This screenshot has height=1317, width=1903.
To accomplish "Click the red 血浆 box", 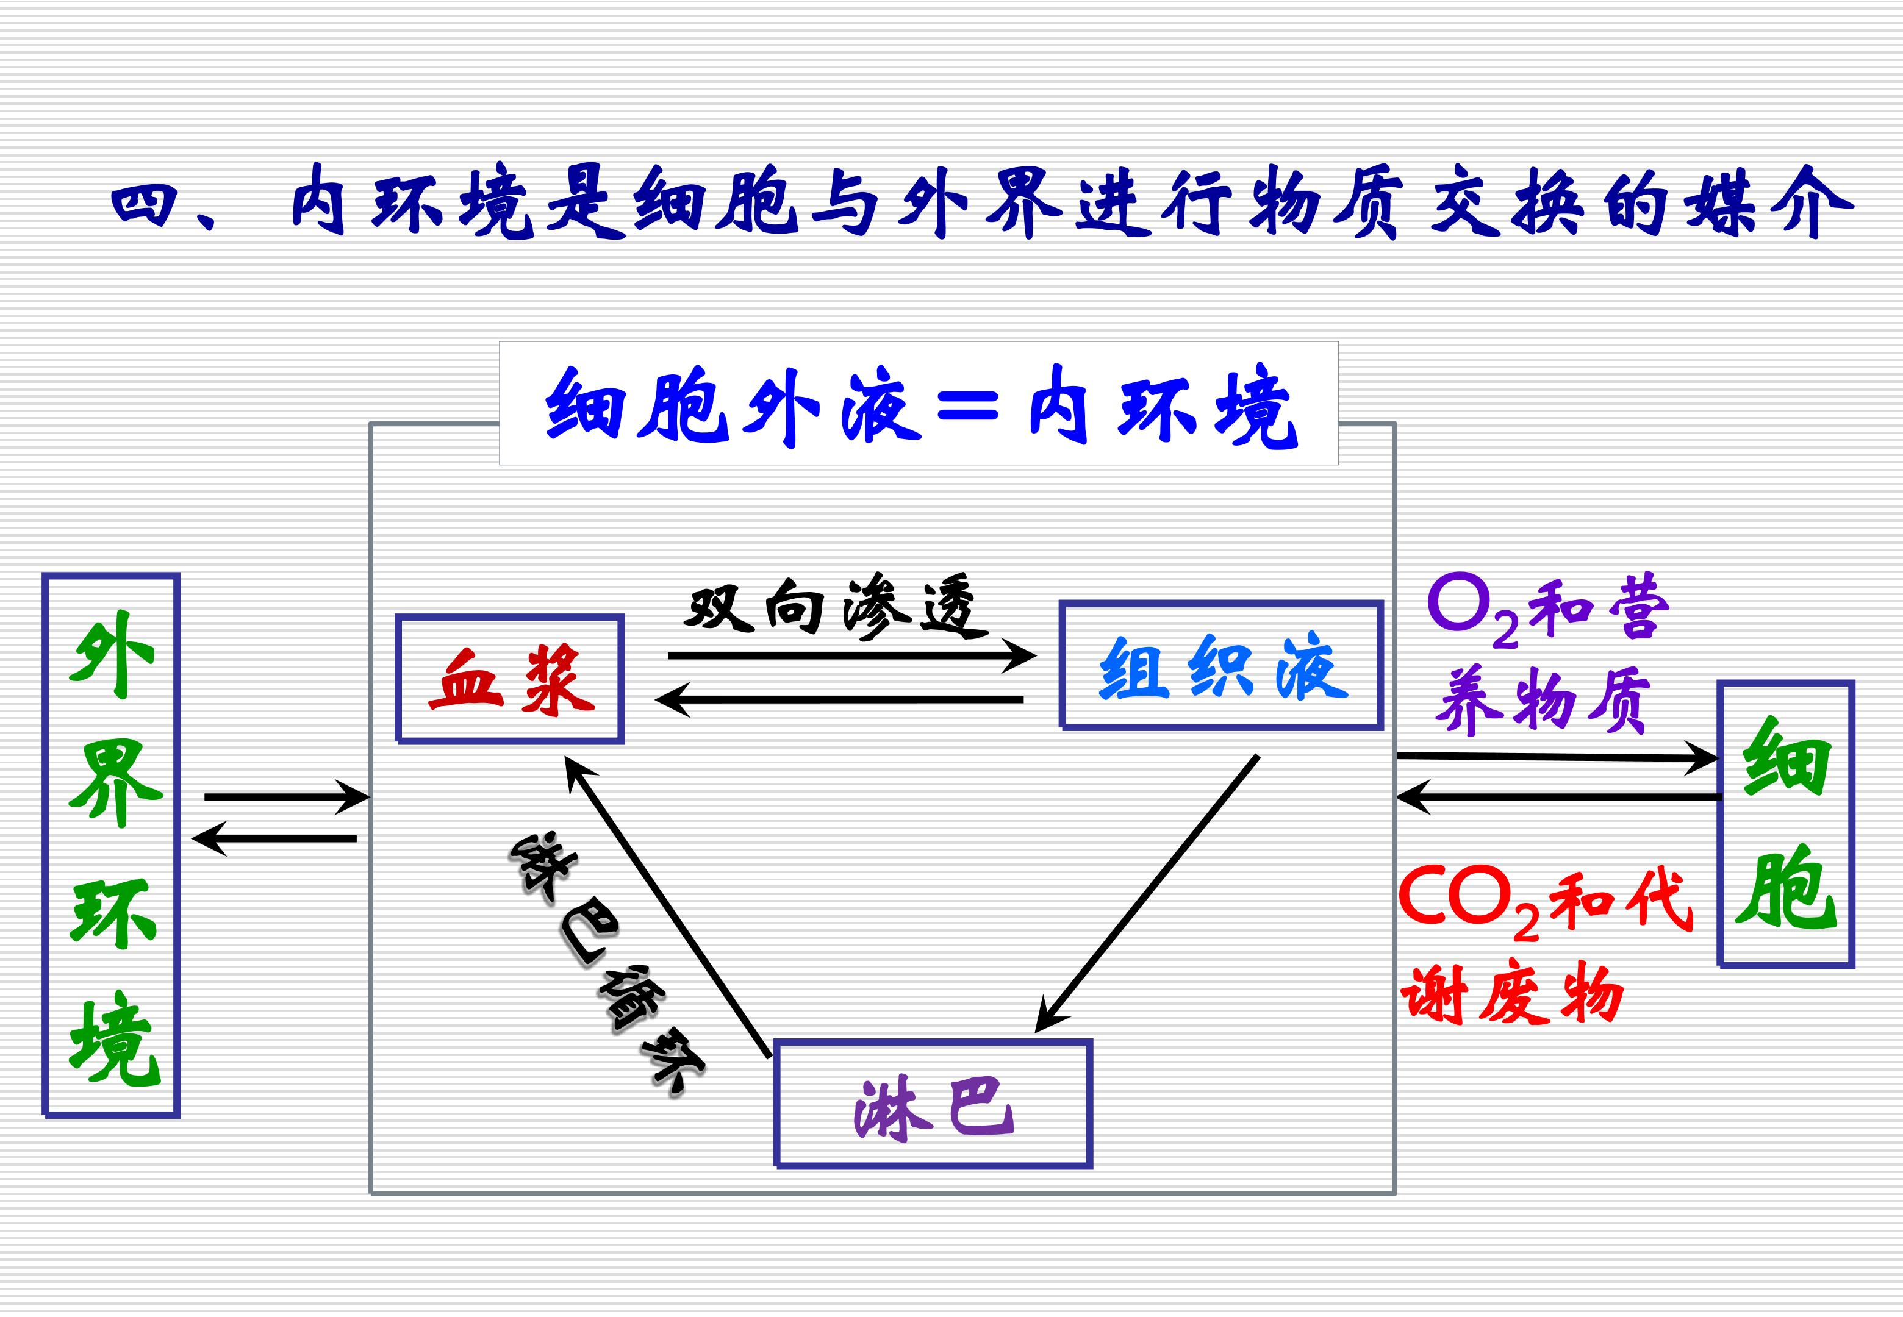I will point(510,678).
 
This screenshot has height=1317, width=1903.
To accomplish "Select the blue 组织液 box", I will point(1220,665).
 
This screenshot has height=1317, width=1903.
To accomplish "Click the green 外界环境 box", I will point(112,844).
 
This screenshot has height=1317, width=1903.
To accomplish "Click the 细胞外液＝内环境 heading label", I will point(919,404).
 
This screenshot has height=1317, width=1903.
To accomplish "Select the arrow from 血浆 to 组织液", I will point(850,656).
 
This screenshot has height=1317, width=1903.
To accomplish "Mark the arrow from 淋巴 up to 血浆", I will point(668,908).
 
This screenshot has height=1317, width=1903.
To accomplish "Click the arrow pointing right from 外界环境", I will point(285,797).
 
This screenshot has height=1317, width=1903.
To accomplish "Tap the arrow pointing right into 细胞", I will point(1555,757).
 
